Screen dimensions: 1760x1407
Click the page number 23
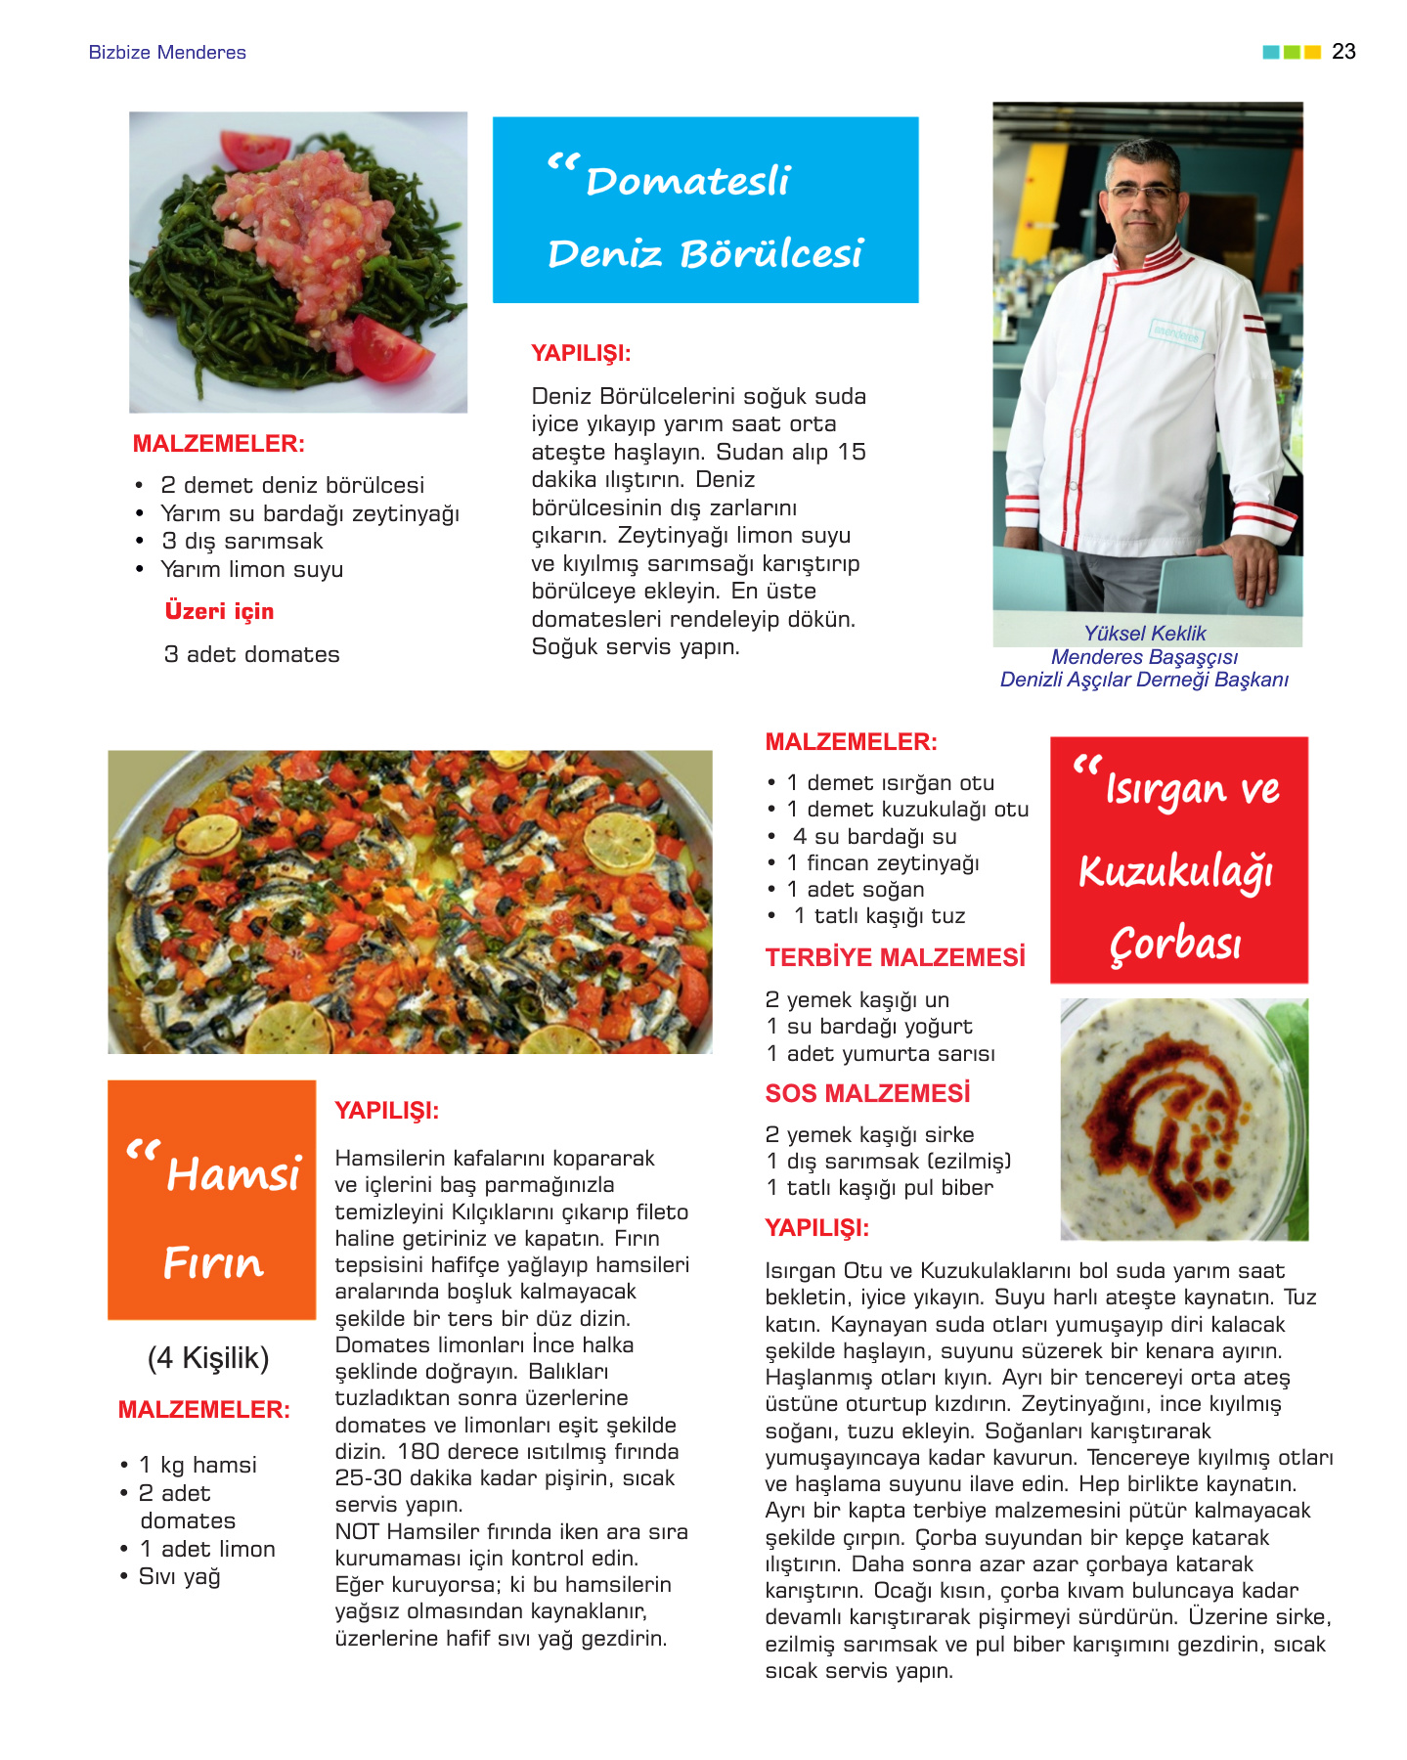coord(1343,52)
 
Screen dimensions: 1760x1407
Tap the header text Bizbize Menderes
coord(167,53)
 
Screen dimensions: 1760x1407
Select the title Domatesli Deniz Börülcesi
coord(705,210)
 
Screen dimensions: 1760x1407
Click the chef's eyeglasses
coord(1143,192)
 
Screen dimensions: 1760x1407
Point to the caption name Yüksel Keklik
coord(1145,634)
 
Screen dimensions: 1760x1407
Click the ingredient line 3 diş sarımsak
coord(242,542)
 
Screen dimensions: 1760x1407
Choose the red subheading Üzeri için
coord(219,611)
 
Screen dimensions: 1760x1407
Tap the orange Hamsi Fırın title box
coord(212,1200)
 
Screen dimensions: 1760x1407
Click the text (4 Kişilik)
coord(208,1358)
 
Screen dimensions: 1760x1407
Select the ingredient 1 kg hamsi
coord(198,1465)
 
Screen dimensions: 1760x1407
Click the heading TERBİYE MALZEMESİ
coord(896,957)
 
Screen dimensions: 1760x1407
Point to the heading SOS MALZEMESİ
coord(868,1093)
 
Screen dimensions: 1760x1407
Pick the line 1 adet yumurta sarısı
coord(881,1054)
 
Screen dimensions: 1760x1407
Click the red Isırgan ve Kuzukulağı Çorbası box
coord(1179,860)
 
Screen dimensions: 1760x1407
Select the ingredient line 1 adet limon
coord(207,1550)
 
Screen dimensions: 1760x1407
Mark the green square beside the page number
coord(1292,52)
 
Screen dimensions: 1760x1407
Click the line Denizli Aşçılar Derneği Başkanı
coord(1144,680)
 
